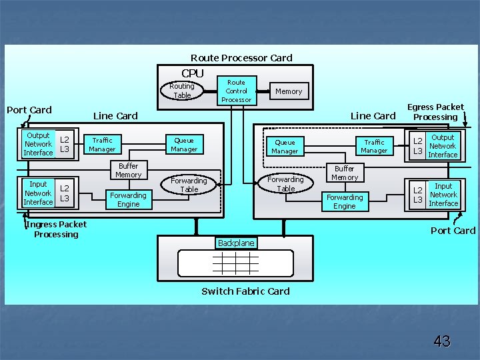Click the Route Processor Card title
241,58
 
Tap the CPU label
193,73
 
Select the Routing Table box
182,91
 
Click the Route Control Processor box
237,91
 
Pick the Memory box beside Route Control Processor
289,91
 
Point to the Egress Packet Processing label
435,112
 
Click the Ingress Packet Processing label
56,229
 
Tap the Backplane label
236,243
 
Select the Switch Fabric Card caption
245,291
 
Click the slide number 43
441,342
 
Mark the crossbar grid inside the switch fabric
235,263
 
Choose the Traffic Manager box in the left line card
102,145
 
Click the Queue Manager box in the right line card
285,147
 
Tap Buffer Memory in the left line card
128,171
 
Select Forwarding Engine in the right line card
345,201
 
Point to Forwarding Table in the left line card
189,185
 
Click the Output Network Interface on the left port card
38,144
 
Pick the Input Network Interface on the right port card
443,195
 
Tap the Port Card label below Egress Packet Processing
453,231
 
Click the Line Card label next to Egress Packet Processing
373,116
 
